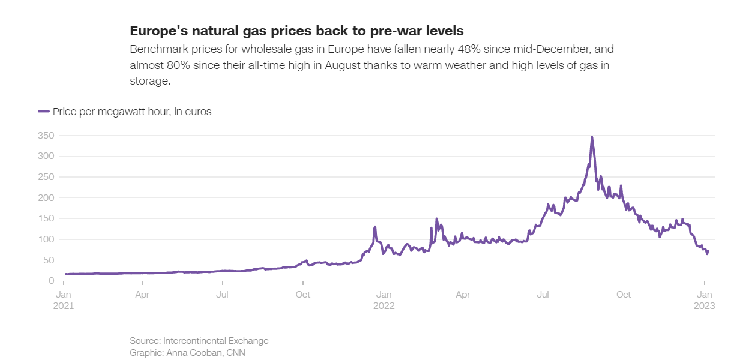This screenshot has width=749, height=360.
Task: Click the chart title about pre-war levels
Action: [x=296, y=31]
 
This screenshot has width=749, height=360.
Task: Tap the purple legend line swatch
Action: [x=44, y=112]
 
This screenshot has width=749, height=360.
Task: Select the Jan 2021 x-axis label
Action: [x=64, y=300]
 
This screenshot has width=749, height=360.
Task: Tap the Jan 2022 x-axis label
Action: [x=384, y=300]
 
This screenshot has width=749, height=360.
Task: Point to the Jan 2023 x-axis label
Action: [x=704, y=300]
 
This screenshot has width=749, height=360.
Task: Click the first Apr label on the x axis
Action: [x=142, y=295]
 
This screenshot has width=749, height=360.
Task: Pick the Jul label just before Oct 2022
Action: [x=543, y=295]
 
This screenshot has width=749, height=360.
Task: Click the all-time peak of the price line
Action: [x=592, y=137]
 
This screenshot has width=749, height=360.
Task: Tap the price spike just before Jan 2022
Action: [x=375, y=227]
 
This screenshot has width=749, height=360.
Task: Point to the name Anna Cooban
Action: [x=192, y=353]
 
